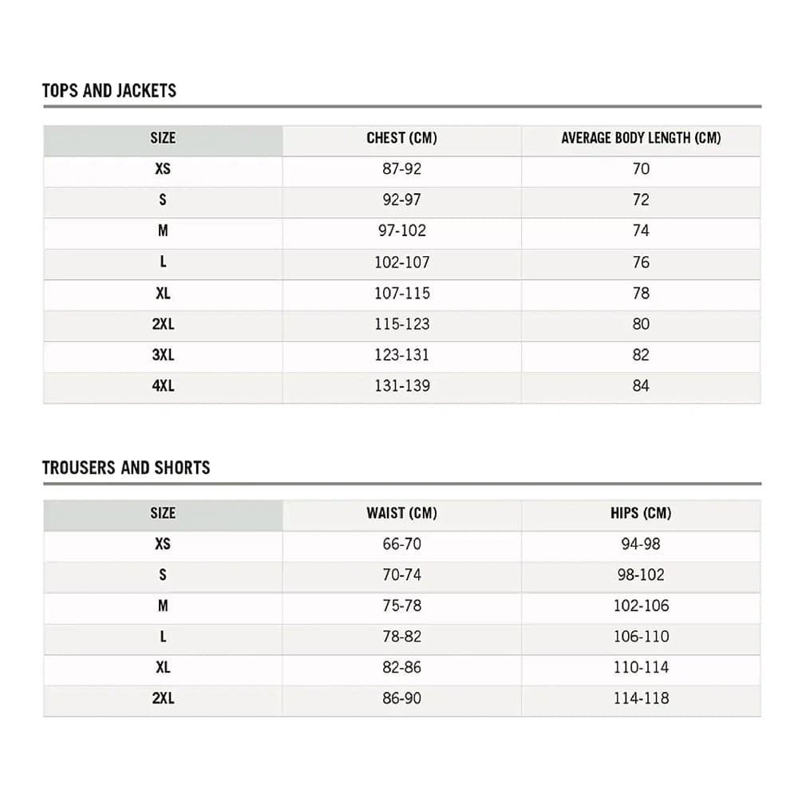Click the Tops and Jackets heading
[109, 90]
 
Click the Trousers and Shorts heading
[126, 468]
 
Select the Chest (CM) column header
[401, 138]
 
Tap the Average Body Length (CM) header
[641, 138]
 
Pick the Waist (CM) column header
[401, 513]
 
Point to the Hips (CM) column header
[641, 513]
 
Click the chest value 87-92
[401, 169]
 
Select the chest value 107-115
[401, 294]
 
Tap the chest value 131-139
[401, 386]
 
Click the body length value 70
[641, 169]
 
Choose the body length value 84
[641, 386]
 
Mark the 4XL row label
[163, 386]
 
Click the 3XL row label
[163, 355]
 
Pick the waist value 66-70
[401, 544]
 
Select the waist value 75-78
[401, 606]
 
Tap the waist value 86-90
[401, 698]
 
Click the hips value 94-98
[641, 544]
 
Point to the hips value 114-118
[641, 698]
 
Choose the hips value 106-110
[641, 637]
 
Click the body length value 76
[641, 263]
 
